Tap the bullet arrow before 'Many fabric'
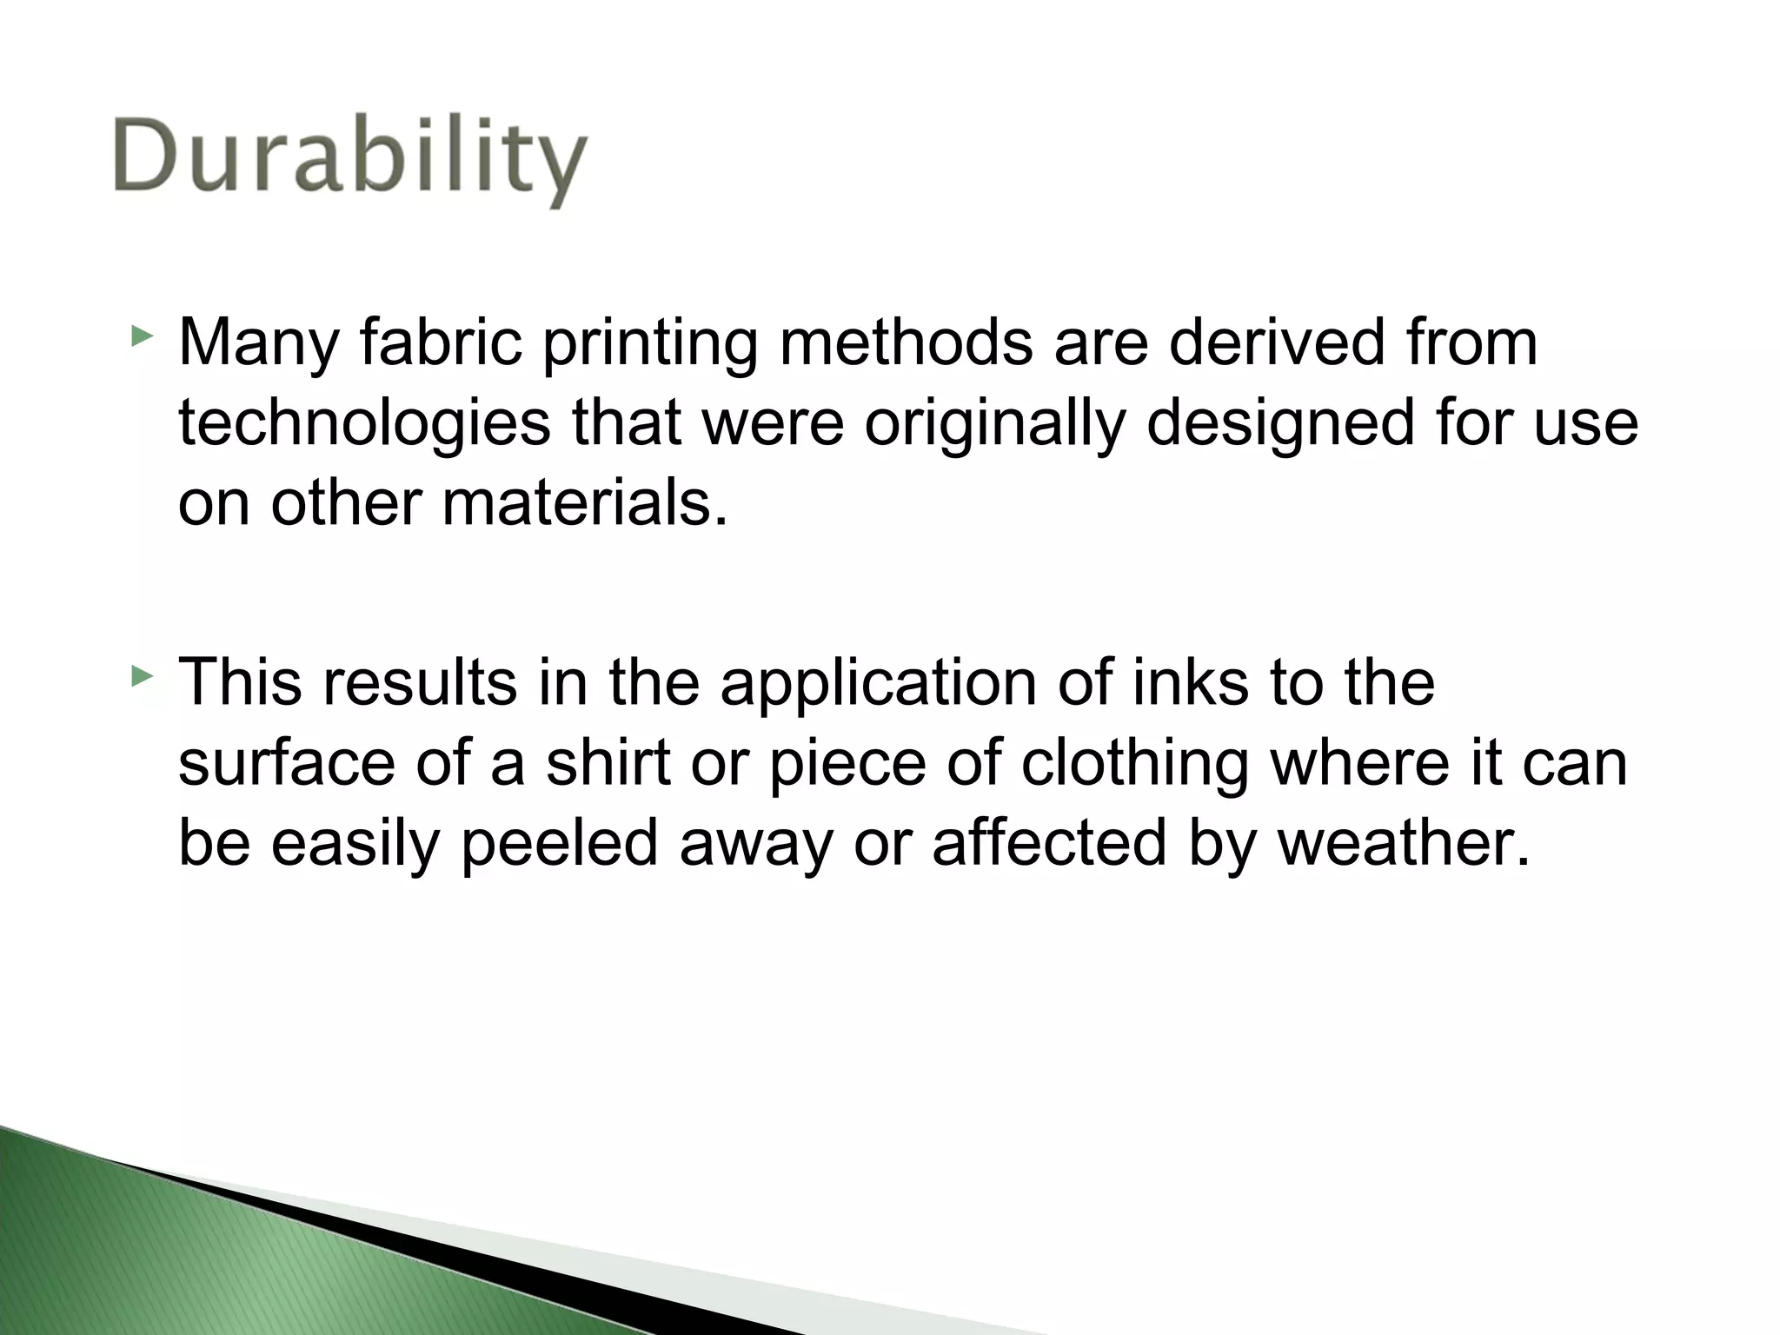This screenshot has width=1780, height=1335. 141,335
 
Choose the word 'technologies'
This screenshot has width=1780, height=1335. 364,425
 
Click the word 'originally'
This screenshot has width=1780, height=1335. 994,425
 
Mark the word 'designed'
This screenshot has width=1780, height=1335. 1281,425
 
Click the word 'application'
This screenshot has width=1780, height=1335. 879,684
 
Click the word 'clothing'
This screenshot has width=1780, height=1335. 1134,765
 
